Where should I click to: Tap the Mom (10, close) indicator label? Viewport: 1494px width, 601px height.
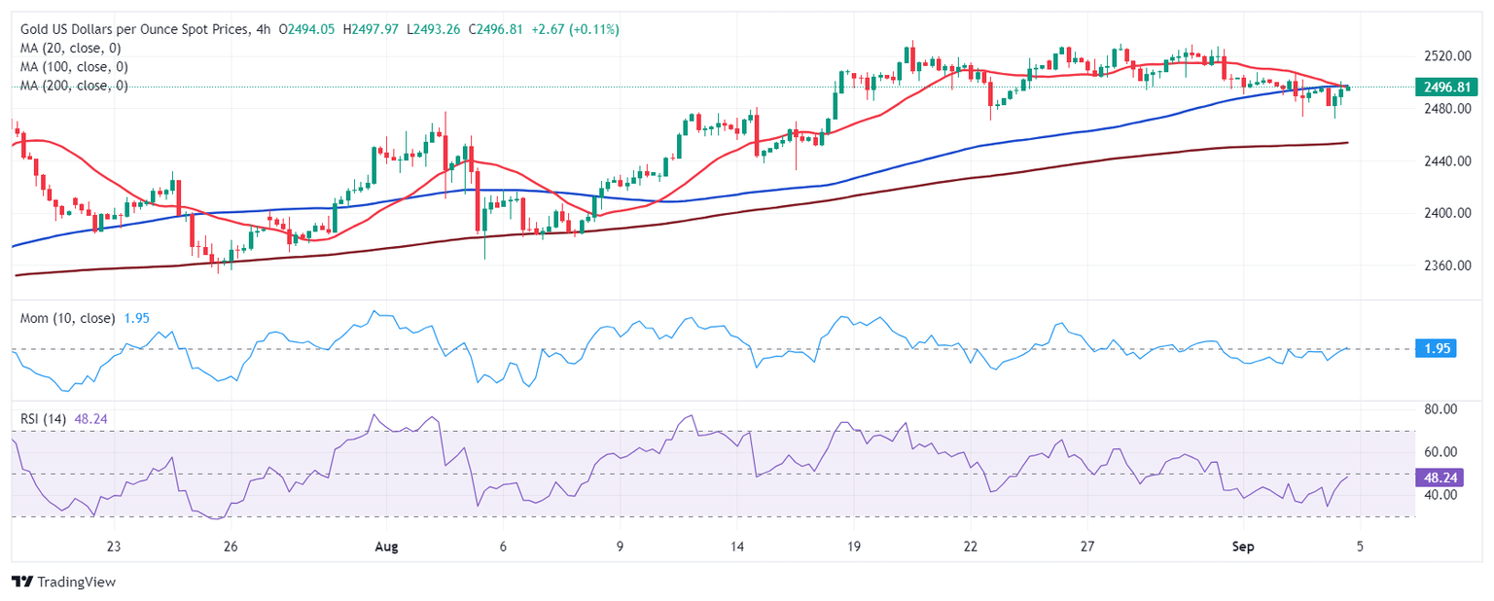pos(67,318)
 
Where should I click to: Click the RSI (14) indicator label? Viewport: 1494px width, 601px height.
pos(44,418)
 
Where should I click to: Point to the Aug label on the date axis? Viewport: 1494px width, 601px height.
pos(387,547)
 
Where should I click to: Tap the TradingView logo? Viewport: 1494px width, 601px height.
pos(64,582)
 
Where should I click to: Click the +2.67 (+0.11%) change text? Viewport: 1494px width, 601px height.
pos(575,29)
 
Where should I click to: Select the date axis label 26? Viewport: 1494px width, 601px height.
pos(231,547)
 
